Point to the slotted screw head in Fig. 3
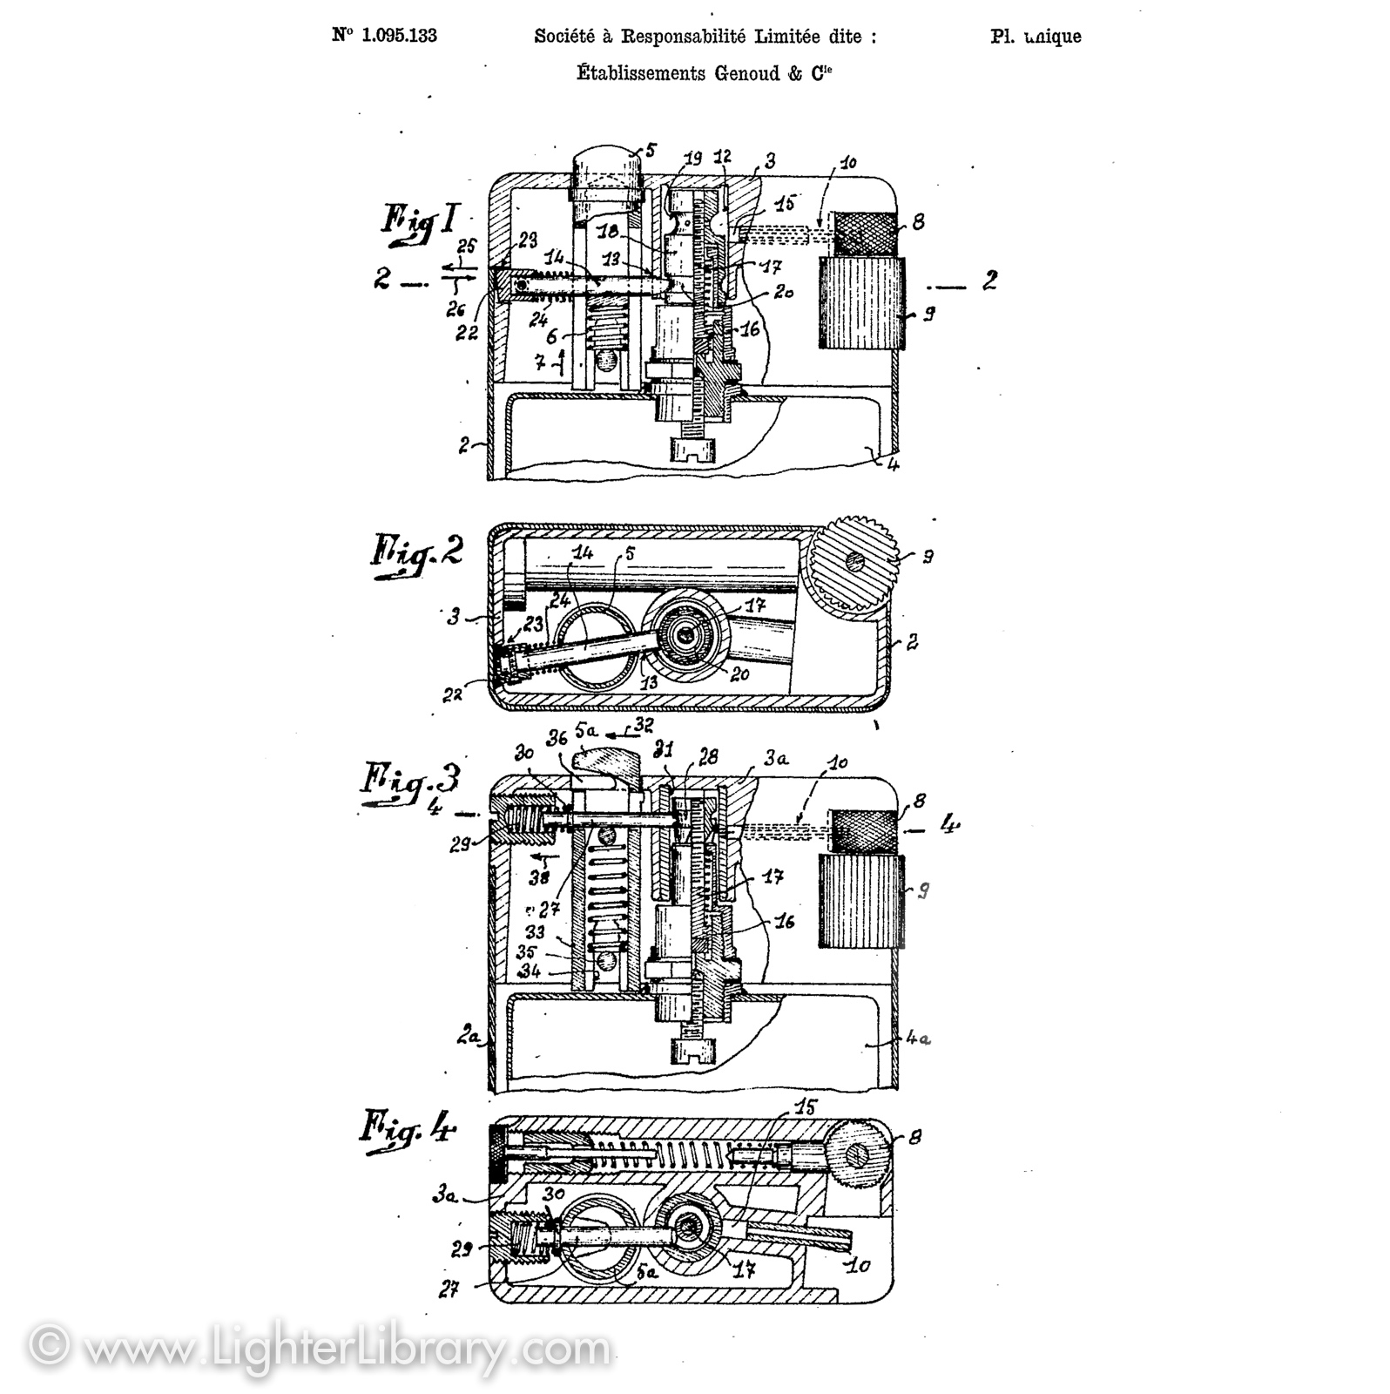693,1050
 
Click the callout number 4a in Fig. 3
919,1039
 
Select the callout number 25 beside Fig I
466,247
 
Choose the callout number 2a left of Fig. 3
469,1037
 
